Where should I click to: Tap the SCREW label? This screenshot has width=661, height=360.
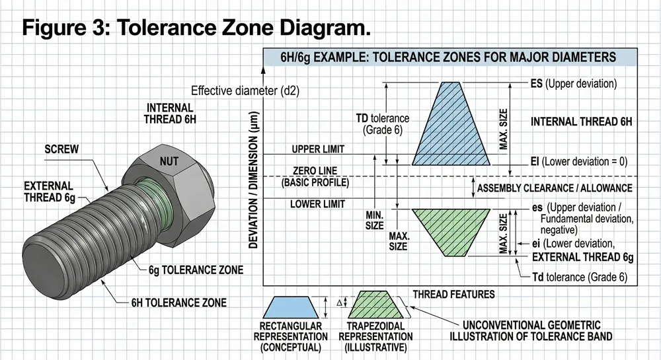(x=61, y=149)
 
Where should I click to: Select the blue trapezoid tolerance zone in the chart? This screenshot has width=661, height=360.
(x=451, y=126)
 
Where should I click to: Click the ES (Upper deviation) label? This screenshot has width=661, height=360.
(x=573, y=84)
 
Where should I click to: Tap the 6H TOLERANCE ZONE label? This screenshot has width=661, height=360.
(x=179, y=303)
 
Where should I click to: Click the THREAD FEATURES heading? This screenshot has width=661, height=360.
(x=453, y=294)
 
